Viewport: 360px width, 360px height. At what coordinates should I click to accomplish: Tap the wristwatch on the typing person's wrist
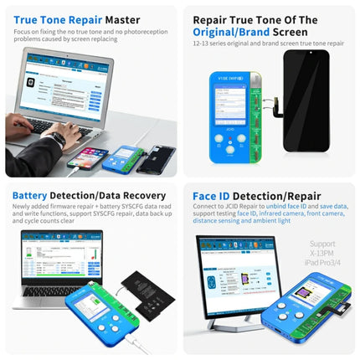(55, 137)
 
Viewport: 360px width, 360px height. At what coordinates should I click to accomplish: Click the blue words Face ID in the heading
(219, 196)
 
